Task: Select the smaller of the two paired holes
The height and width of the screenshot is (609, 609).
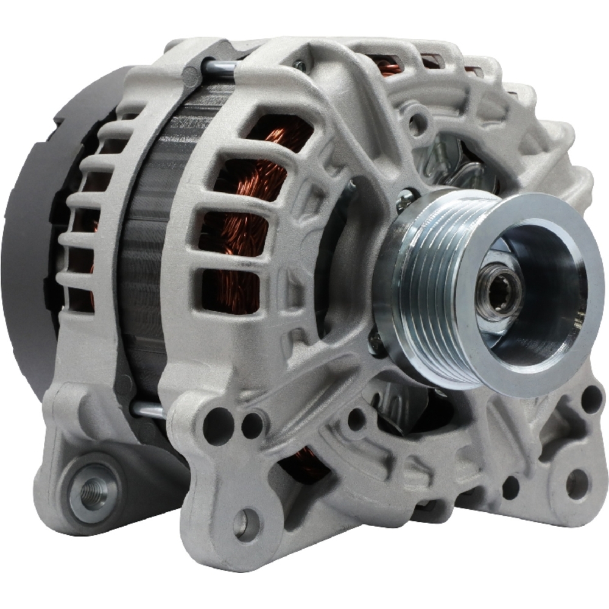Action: (x=252, y=424)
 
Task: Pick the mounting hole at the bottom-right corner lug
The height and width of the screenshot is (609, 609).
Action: (x=576, y=484)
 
